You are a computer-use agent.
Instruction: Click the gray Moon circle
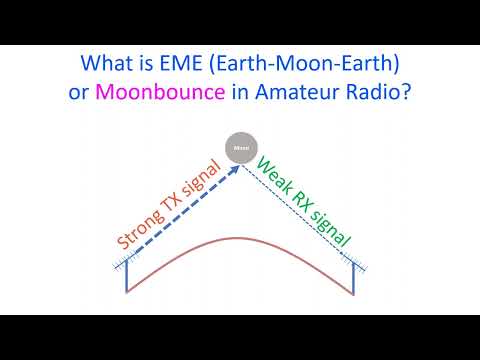(241, 149)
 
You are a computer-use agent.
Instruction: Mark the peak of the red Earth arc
(241, 241)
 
